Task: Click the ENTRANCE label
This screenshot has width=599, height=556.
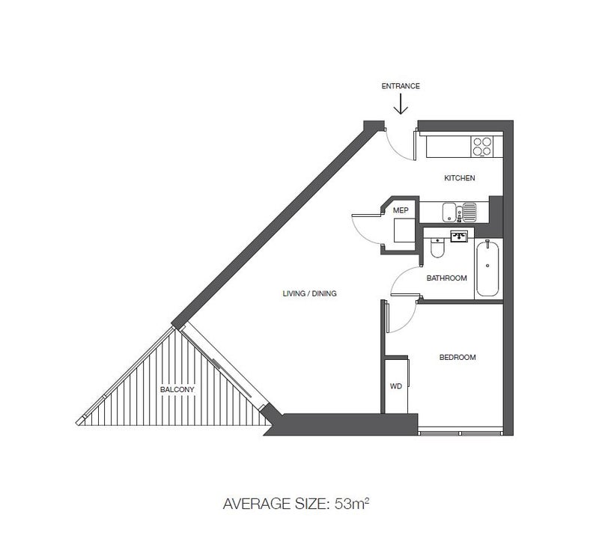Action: (x=401, y=86)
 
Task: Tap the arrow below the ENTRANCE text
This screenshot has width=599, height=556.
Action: (x=401, y=104)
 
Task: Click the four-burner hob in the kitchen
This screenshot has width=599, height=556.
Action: (x=482, y=147)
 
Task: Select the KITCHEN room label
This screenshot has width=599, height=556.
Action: (x=460, y=178)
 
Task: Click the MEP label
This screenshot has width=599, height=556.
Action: (x=401, y=210)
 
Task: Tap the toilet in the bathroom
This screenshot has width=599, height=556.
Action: (x=437, y=247)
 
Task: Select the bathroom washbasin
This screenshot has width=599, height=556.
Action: (x=459, y=236)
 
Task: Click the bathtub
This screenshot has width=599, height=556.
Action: (x=487, y=269)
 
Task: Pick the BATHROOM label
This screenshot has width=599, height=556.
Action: (x=446, y=278)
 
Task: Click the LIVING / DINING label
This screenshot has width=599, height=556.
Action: (x=309, y=293)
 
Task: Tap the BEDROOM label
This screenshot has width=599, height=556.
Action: (x=457, y=358)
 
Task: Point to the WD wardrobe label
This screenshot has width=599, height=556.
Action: (x=396, y=386)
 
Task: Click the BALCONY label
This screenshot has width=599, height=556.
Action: (x=177, y=390)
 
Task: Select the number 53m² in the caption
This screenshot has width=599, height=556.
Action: (x=352, y=504)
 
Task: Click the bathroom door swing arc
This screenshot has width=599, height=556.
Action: (x=399, y=274)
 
